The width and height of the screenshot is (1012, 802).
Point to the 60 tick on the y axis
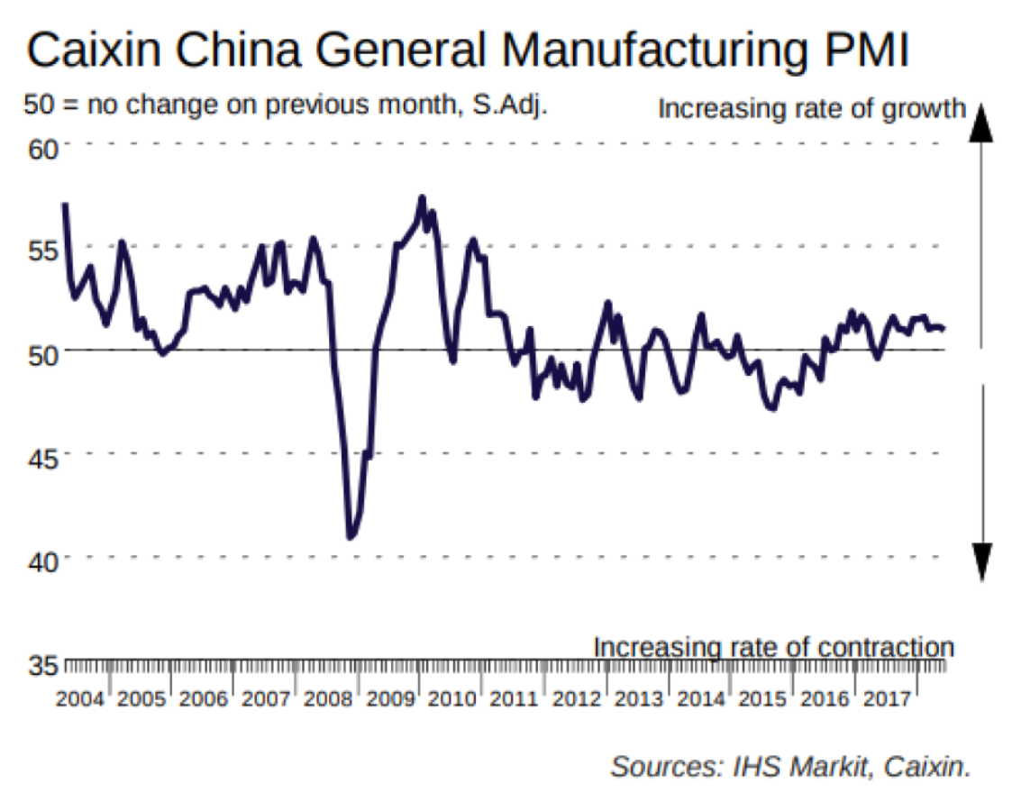[41, 146]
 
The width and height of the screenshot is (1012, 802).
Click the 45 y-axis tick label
[41, 456]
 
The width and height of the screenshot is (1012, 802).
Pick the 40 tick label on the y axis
[41, 560]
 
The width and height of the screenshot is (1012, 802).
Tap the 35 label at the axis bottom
[41, 666]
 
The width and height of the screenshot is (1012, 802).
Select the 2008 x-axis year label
[331, 699]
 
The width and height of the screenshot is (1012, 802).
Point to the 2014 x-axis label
[702, 699]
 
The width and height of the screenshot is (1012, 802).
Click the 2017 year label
[889, 699]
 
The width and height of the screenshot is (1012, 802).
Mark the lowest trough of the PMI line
[351, 538]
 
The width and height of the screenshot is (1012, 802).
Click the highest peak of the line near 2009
[421, 197]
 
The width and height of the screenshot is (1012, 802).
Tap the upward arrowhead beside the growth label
[982, 122]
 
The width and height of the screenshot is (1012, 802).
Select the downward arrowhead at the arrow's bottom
[982, 562]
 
